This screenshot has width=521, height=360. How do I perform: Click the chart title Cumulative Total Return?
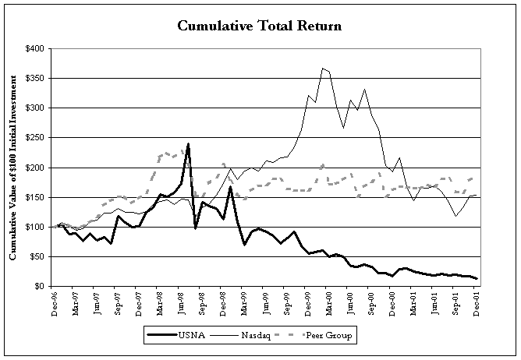[260, 26]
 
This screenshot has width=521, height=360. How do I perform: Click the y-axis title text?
[14, 168]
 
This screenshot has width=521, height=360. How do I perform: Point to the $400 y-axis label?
[34, 48]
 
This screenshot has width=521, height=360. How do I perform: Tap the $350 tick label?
[34, 78]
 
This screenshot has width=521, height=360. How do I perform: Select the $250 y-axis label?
[34, 138]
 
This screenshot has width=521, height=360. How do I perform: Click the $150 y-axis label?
[34, 197]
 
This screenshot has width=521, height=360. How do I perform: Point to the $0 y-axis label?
[39, 286]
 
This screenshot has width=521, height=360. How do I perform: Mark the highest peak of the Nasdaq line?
[322, 69]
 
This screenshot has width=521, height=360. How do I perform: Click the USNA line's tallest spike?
[189, 144]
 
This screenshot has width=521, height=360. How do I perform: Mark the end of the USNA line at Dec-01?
[477, 279]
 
